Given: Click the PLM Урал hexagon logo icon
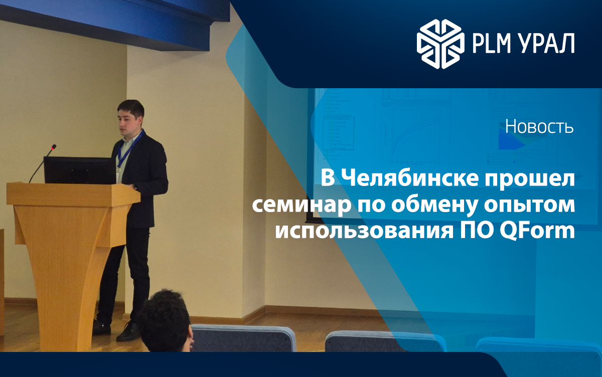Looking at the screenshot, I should (440, 43).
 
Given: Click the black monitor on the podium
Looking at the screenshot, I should (79, 170).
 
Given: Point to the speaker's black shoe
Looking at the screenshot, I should (127, 331).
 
